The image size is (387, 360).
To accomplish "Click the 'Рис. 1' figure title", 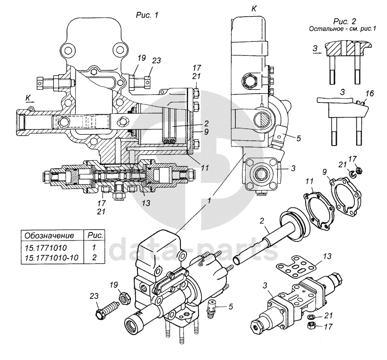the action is tap(147, 15).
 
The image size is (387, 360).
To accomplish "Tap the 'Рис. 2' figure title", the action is tap(345, 21).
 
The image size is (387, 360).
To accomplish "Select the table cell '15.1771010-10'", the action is tap(52, 257).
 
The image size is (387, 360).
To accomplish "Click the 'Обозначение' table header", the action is tap(49, 236).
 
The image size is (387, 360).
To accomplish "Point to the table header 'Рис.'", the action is tap(95, 236).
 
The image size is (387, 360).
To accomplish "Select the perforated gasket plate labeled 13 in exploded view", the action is tap(296, 270).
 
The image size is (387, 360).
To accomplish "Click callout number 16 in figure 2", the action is tap(370, 94).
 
